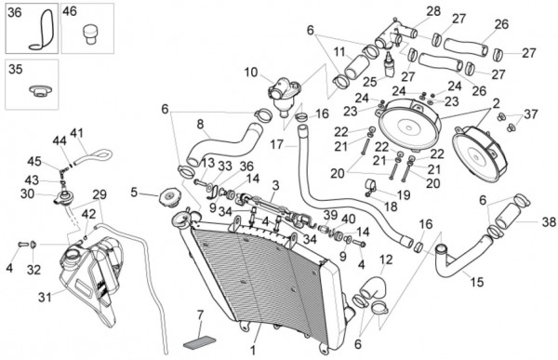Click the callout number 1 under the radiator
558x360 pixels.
253,351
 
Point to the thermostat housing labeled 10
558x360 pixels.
284,94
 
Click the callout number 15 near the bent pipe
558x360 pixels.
477,283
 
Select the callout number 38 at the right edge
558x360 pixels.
549,222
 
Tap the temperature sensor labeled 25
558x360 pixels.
391,64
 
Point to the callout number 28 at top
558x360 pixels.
433,11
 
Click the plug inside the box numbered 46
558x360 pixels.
90,33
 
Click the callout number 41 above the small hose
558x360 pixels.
76,133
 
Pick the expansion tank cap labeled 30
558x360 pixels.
64,197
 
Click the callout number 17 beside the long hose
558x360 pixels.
276,145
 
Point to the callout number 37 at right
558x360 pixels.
531,114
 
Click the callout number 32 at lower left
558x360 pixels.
33,270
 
